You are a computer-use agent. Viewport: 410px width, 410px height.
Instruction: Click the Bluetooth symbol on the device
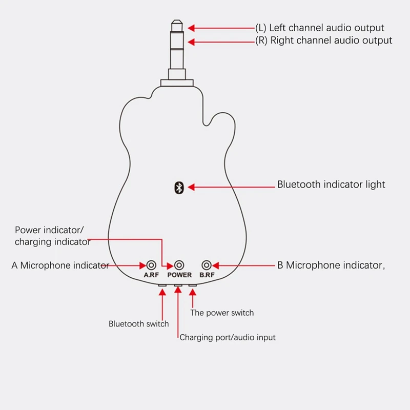179,188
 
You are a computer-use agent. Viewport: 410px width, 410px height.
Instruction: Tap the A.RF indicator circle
151,265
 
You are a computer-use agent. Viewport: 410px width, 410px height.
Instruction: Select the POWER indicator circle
179,265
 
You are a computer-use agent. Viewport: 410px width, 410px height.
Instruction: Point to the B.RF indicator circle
207,265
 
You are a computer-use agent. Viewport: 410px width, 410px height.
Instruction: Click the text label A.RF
151,275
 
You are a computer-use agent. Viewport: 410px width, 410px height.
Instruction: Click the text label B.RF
207,275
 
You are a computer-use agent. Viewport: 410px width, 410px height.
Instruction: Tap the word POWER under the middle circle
179,275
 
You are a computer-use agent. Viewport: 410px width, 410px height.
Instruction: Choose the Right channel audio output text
324,40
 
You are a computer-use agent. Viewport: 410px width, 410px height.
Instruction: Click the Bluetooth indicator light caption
331,184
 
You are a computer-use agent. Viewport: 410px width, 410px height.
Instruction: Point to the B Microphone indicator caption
331,265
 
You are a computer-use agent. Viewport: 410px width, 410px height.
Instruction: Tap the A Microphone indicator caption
60,265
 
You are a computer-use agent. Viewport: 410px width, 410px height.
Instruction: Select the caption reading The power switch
222,313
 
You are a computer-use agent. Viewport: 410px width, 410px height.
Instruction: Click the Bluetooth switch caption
138,324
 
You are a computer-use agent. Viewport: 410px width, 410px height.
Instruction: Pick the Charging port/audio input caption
228,337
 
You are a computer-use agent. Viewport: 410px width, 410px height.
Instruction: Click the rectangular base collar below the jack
177,83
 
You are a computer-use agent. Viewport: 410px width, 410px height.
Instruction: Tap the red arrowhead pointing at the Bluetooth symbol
191,188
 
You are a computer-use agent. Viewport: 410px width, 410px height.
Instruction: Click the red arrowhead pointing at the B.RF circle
216,265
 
